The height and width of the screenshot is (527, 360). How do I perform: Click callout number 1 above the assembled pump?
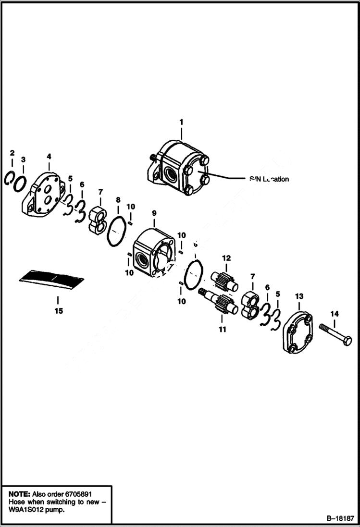click(181, 122)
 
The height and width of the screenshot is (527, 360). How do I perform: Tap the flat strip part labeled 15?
click(52, 279)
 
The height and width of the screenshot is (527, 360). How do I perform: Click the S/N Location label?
click(269, 179)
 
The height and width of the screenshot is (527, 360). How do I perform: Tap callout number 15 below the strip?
click(58, 311)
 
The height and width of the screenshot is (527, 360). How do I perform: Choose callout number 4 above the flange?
click(49, 156)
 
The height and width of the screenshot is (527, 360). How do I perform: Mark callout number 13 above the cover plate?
click(299, 295)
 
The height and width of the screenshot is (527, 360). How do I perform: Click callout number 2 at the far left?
click(12, 153)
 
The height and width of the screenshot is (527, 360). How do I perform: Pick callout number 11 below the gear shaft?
click(222, 329)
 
